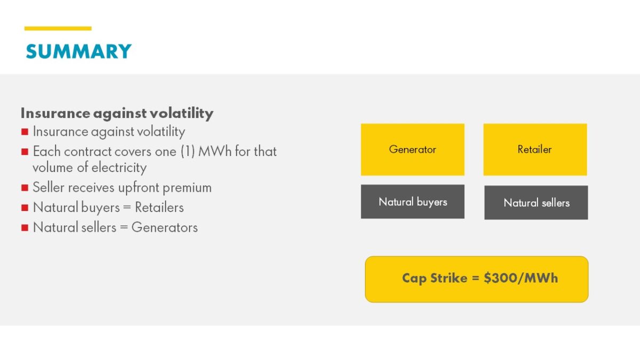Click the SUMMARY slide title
(78, 51)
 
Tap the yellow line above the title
(58, 28)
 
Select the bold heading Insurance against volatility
(117, 113)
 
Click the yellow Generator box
(413, 150)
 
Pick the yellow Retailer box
(535, 150)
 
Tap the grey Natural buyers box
(413, 202)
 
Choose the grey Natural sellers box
(536, 202)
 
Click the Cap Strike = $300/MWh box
(477, 279)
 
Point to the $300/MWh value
(520, 278)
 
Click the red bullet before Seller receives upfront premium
(25, 188)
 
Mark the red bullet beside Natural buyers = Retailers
(25, 208)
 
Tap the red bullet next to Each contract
(25, 152)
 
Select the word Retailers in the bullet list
(159, 207)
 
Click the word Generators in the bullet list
(164, 228)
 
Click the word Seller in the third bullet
(47, 187)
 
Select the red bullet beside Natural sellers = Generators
(25, 228)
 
